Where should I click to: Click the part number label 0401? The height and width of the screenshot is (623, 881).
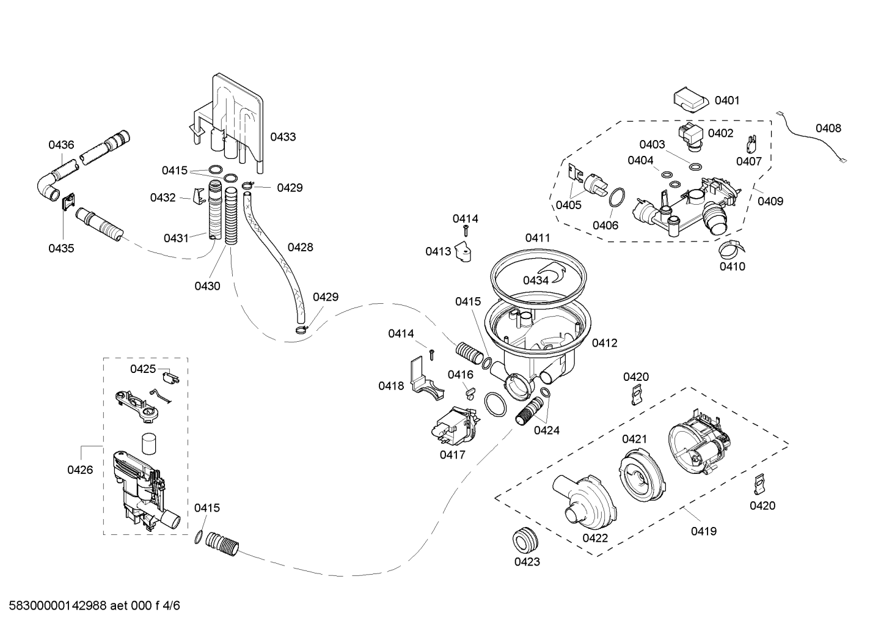pyautogui.click(x=727, y=101)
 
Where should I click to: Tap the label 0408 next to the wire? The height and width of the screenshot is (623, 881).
pyautogui.click(x=828, y=128)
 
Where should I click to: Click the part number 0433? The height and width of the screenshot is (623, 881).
pyautogui.click(x=283, y=137)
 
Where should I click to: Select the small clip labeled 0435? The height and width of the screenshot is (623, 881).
pyautogui.click(x=69, y=202)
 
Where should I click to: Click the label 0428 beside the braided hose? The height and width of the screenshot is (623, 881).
pyautogui.click(x=300, y=247)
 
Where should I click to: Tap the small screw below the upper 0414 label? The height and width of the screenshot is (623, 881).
pyautogui.click(x=466, y=230)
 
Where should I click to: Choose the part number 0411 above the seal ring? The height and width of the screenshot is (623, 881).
pyautogui.click(x=538, y=238)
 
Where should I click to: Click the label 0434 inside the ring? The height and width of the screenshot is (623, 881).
pyautogui.click(x=536, y=280)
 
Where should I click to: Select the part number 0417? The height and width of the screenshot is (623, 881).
pyautogui.click(x=452, y=455)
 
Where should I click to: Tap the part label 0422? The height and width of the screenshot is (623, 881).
pyautogui.click(x=595, y=538)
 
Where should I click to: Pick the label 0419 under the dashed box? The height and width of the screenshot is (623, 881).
pyautogui.click(x=704, y=531)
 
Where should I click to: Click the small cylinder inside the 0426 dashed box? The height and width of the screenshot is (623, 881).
pyautogui.click(x=148, y=444)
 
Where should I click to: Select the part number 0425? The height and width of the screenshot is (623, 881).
pyautogui.click(x=143, y=369)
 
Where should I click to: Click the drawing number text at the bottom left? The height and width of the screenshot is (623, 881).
pyautogui.click(x=94, y=606)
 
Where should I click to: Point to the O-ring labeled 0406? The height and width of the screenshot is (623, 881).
pyautogui.click(x=617, y=197)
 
